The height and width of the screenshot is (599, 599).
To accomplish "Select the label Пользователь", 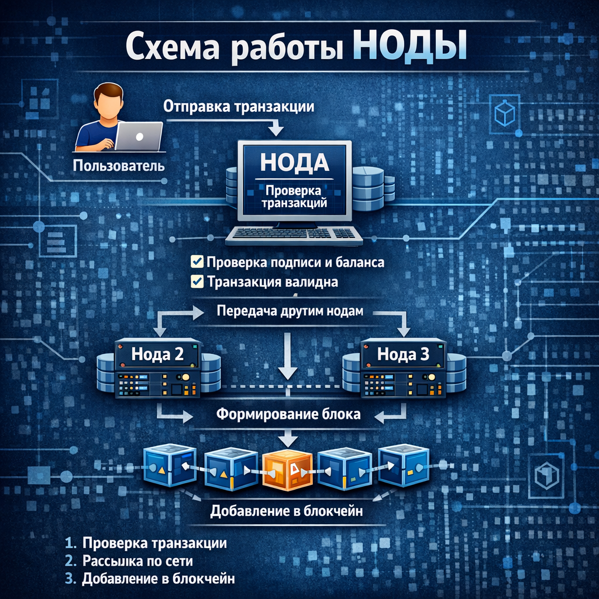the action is pos(118,166).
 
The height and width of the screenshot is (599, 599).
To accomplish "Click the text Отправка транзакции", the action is pos(239,107).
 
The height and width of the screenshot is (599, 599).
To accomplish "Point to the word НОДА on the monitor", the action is pos(294,161).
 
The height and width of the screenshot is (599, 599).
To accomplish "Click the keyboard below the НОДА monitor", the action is pos(294,234).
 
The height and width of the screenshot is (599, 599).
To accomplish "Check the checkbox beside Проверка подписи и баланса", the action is pos(197,261).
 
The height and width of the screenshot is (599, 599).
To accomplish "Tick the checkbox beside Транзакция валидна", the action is pos(197,282).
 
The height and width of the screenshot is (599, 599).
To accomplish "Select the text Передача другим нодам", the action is pos(290,311).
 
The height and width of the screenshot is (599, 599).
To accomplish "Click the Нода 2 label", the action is pos(157,353).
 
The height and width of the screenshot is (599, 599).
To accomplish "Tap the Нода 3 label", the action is pos(403,353).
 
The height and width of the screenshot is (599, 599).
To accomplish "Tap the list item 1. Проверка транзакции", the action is pos(146,542).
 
